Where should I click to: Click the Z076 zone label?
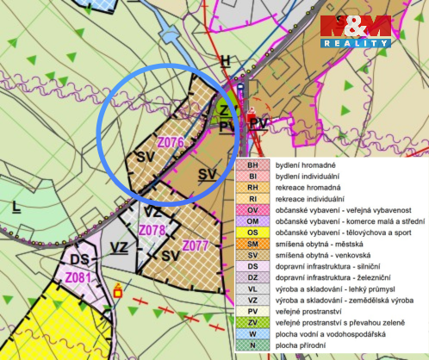171,141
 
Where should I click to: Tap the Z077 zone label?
197,245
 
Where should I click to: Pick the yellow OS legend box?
252,233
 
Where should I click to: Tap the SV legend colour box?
252,255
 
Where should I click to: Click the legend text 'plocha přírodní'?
299,344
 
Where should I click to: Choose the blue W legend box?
252,333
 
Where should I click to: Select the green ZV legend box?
252,322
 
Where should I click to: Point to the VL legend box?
252,289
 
